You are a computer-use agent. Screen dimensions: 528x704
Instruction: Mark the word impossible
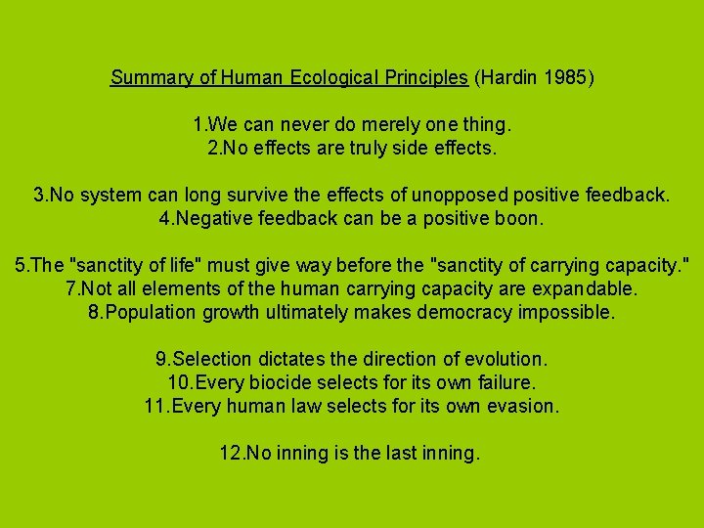click(567, 313)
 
